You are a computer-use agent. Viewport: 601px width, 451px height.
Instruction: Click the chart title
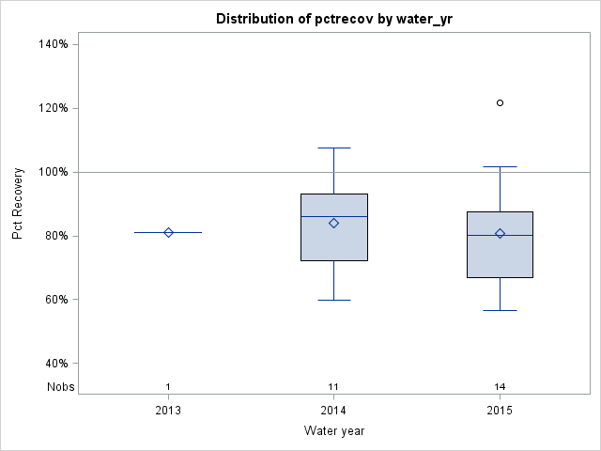[x=333, y=19]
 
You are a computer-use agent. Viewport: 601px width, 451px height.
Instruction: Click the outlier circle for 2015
[x=500, y=102]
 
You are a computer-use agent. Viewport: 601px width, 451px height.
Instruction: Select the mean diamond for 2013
[x=168, y=232]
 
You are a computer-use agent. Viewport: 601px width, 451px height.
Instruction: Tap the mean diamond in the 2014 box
[x=333, y=223]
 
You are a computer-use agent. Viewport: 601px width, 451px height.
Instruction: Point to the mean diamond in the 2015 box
[x=500, y=233]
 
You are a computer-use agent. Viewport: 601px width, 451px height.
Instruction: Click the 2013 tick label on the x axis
[x=168, y=411]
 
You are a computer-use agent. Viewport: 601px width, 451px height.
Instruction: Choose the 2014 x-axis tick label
[x=333, y=411]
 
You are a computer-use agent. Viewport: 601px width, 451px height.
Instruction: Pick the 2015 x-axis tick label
[x=500, y=411]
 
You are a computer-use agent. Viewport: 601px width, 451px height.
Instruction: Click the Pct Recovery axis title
[x=18, y=204]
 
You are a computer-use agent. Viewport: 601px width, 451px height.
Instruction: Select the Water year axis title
[x=333, y=431]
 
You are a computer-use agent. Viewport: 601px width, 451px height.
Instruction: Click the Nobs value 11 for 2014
[x=333, y=387]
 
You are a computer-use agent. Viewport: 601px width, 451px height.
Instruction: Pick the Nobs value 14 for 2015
[x=500, y=387]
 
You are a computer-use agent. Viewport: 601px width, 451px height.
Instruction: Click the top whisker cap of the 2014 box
[x=333, y=148]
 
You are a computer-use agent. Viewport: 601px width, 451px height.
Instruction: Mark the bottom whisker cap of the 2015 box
[x=500, y=310]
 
